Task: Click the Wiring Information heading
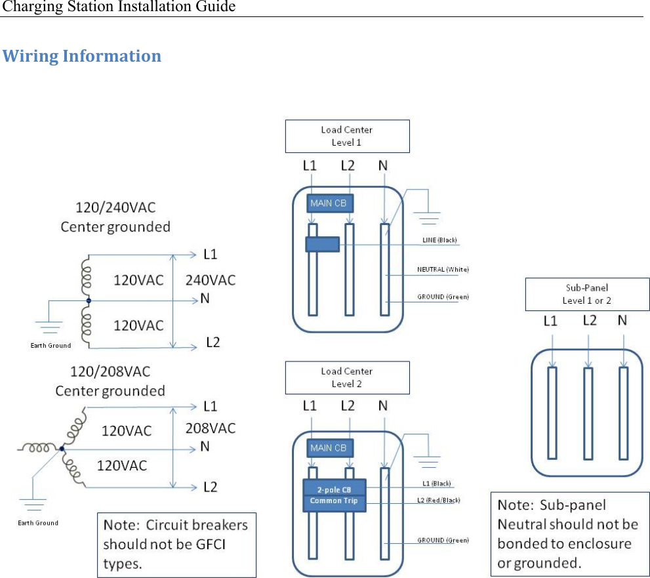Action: click(x=82, y=56)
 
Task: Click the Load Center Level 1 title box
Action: click(x=347, y=136)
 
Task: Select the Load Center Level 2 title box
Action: click(x=347, y=377)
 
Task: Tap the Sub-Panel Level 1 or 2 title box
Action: click(x=586, y=294)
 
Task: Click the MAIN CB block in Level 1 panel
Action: click(x=328, y=203)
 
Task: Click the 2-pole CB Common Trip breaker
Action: click(x=334, y=495)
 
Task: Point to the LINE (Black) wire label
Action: click(x=439, y=240)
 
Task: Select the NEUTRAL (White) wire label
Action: click(x=443, y=269)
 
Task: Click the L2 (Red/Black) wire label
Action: click(x=438, y=500)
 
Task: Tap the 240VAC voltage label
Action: click(x=211, y=280)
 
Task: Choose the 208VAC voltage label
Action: click(x=211, y=428)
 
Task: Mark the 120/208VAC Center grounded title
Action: click(x=110, y=382)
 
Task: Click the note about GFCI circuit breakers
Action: click(x=176, y=545)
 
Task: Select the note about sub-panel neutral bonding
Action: click(x=568, y=534)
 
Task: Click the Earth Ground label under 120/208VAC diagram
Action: click(x=38, y=523)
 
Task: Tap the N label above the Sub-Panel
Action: click(x=622, y=321)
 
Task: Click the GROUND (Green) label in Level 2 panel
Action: click(x=443, y=540)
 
